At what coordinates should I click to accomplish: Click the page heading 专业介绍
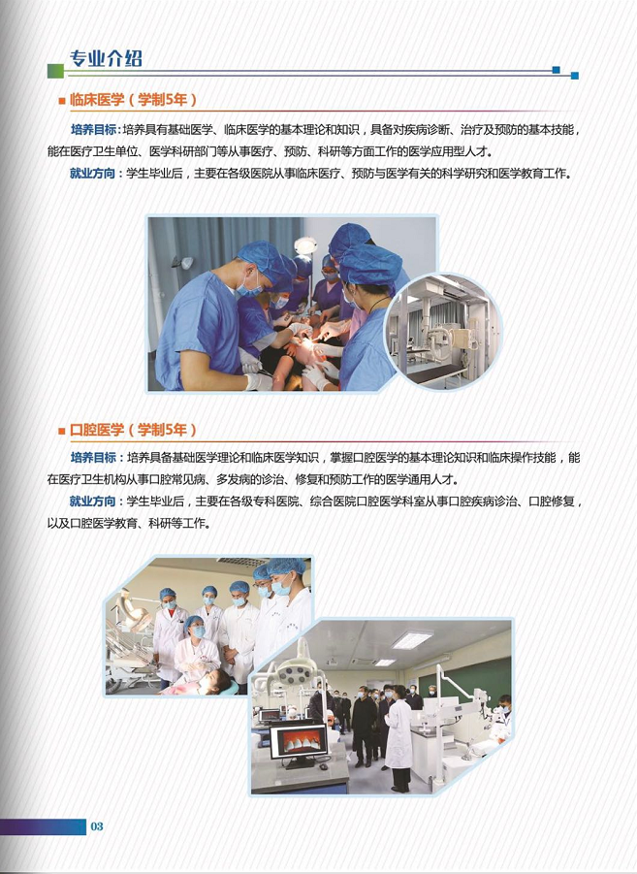(107, 58)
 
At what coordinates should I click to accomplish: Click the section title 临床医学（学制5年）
(133, 100)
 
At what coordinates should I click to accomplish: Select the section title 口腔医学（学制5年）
(133, 430)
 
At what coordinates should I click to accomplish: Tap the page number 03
(97, 826)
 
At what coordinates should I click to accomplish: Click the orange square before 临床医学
(62, 100)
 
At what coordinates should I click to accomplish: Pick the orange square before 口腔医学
(62, 430)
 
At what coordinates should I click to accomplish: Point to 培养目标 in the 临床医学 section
(93, 130)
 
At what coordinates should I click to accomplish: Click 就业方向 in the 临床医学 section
(93, 175)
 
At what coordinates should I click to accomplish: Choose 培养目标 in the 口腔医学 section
(93, 457)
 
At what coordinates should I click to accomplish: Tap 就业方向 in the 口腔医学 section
(93, 502)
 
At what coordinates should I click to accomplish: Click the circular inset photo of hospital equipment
(442, 331)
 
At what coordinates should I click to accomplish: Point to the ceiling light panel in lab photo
(412, 640)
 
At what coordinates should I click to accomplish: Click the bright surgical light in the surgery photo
(306, 246)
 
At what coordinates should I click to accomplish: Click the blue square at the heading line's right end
(574, 76)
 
